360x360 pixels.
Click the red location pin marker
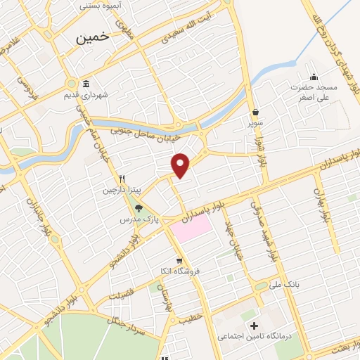181,165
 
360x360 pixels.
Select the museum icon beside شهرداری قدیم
86,82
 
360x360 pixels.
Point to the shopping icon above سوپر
255,112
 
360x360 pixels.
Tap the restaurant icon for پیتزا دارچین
122,179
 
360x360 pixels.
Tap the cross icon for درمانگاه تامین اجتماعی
254,326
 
